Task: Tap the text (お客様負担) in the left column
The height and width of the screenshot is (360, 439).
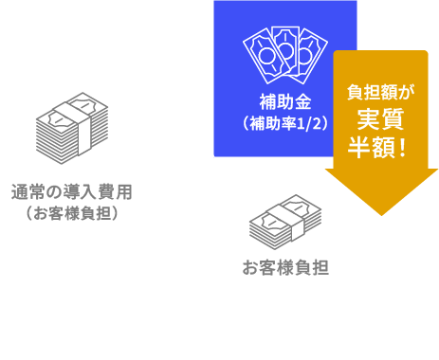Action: pyautogui.click(x=71, y=214)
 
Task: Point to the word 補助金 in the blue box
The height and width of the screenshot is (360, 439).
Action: pyautogui.click(x=284, y=101)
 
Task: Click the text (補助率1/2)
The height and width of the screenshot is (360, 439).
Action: pyautogui.click(x=284, y=123)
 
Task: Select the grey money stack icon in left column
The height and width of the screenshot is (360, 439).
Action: pyautogui.click(x=72, y=133)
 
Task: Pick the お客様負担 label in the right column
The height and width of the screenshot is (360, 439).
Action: pyautogui.click(x=285, y=267)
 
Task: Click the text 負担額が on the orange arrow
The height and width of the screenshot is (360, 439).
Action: pyautogui.click(x=378, y=92)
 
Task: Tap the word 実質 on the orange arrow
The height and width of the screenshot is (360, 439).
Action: pyautogui.click(x=378, y=119)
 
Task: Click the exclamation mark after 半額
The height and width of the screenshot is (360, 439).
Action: pyautogui.click(x=407, y=149)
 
